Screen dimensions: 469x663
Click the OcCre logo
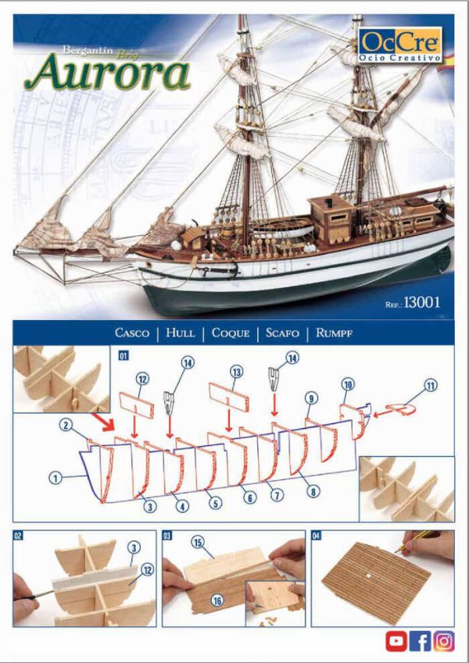tap(400, 45)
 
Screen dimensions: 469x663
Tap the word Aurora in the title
tap(107, 73)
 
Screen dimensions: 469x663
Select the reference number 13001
tap(422, 302)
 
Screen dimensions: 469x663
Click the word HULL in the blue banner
tap(181, 333)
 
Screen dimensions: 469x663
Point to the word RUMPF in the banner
tap(334, 333)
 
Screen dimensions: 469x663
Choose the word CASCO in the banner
tap(132, 333)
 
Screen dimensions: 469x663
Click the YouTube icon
tap(396, 641)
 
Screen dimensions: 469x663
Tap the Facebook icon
tap(421, 641)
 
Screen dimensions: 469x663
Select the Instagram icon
tap(444, 641)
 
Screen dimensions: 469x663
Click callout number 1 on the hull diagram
tap(55, 478)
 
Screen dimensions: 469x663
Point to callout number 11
tap(431, 386)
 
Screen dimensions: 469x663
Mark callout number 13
tap(236, 372)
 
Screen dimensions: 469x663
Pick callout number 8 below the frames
tap(313, 491)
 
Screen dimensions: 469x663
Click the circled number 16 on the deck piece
tap(217, 601)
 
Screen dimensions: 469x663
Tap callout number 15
tap(198, 542)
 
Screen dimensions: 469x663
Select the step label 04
tap(317, 536)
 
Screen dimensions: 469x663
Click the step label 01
tap(124, 355)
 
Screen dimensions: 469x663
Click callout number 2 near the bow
tap(66, 425)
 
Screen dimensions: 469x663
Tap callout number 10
tap(348, 385)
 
